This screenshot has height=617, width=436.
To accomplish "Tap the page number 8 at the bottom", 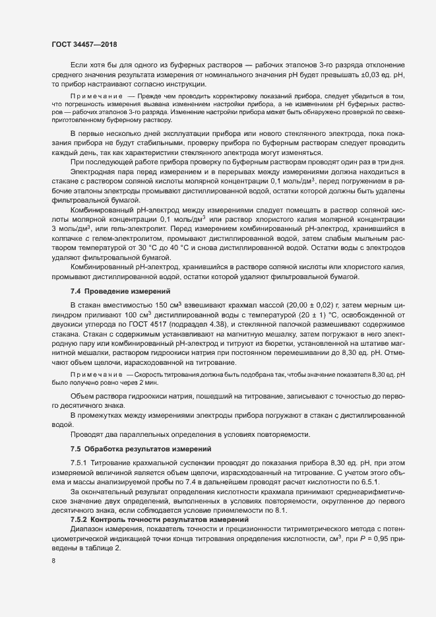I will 53,561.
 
